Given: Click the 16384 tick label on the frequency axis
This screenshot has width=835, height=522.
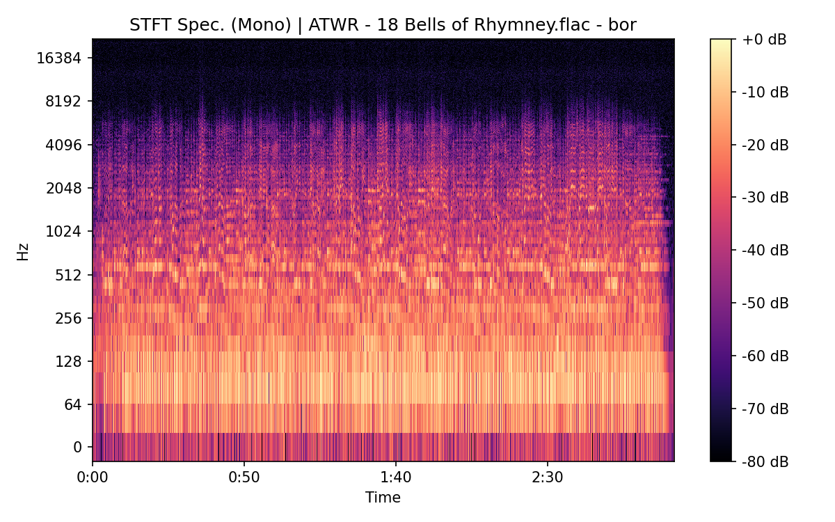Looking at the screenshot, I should [x=59, y=58].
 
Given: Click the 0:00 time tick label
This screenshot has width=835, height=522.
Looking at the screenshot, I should [x=93, y=478].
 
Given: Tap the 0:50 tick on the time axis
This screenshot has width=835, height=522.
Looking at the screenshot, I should [x=244, y=478].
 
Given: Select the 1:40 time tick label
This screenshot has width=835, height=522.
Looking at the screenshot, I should [x=396, y=478].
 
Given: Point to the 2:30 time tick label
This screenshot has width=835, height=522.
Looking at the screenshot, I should [x=548, y=478].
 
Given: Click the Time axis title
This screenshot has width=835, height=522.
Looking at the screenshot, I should [x=383, y=498].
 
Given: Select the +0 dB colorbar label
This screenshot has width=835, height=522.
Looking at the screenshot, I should [x=764, y=40].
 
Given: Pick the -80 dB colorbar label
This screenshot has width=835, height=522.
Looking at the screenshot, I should [x=765, y=461].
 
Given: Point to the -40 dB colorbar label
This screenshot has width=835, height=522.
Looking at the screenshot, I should [x=765, y=250].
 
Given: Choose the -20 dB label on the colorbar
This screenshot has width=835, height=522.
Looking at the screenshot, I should [x=765, y=145].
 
